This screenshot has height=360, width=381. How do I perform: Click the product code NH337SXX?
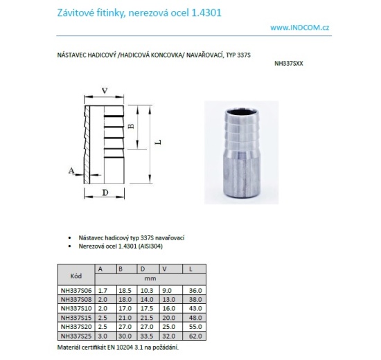tap(289, 64)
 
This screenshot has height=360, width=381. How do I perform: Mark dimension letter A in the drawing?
tap(71, 169)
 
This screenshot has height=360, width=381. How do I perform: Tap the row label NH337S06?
tap(76, 290)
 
